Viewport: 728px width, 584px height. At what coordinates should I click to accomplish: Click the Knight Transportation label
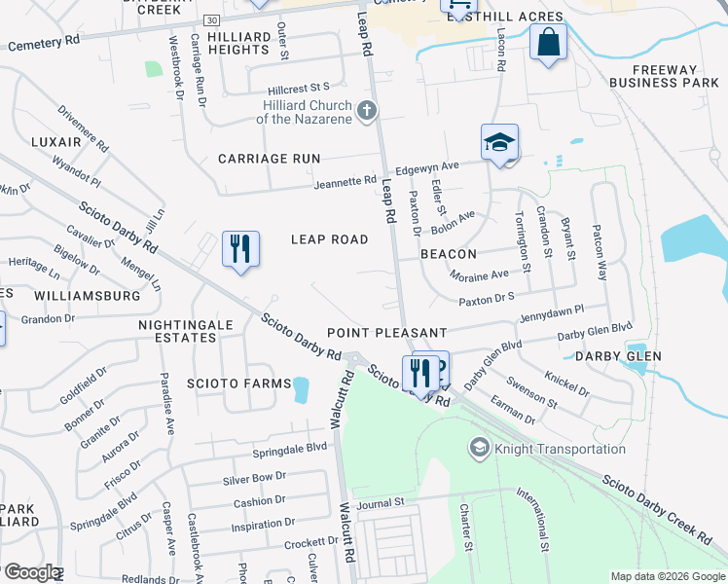(x=559, y=449)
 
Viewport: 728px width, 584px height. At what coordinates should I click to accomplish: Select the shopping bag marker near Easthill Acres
(x=549, y=43)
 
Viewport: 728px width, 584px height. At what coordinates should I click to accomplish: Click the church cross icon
(x=367, y=110)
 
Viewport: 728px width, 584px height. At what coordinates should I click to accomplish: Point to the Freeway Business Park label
(x=666, y=76)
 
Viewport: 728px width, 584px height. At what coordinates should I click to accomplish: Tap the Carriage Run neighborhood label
(x=269, y=158)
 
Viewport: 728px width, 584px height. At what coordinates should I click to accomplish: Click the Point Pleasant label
(x=386, y=333)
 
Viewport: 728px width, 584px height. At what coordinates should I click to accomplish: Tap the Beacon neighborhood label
(x=448, y=253)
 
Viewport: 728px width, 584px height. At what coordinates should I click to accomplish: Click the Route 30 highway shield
(x=211, y=19)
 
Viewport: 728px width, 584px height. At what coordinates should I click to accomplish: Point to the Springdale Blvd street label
(x=290, y=450)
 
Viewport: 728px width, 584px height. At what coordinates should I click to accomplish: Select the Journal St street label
(x=380, y=502)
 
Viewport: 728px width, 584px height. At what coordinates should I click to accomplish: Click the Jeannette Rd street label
(x=345, y=181)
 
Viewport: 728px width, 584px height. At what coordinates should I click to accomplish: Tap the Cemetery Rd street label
(x=44, y=44)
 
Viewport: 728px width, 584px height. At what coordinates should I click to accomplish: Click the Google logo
(x=32, y=572)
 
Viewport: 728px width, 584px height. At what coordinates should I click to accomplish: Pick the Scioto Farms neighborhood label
(x=240, y=383)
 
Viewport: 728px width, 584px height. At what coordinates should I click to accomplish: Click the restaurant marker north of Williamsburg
(x=239, y=250)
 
